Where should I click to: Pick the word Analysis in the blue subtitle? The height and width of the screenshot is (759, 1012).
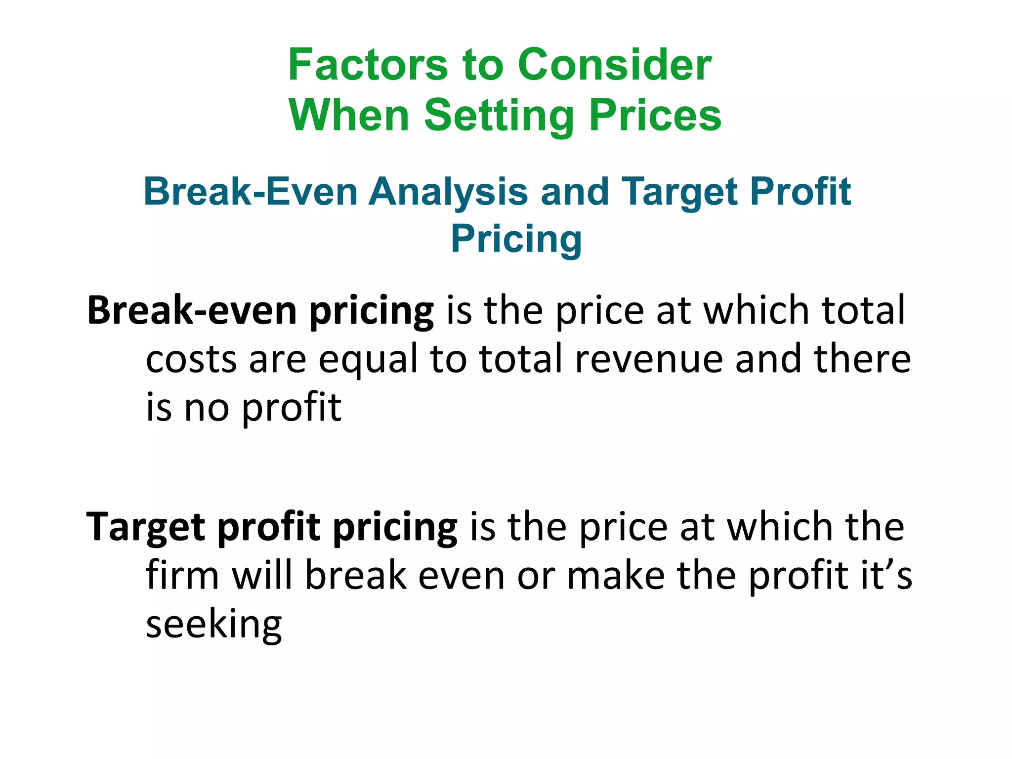pos(448,192)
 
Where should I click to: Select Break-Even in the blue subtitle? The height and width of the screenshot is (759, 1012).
pos(251,192)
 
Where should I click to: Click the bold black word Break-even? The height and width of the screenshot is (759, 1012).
pos(192,311)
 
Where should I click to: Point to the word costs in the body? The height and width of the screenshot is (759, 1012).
pos(191,360)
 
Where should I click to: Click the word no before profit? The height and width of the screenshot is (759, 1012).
pos(207,408)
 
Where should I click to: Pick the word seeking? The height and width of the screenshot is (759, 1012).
pos(213,625)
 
